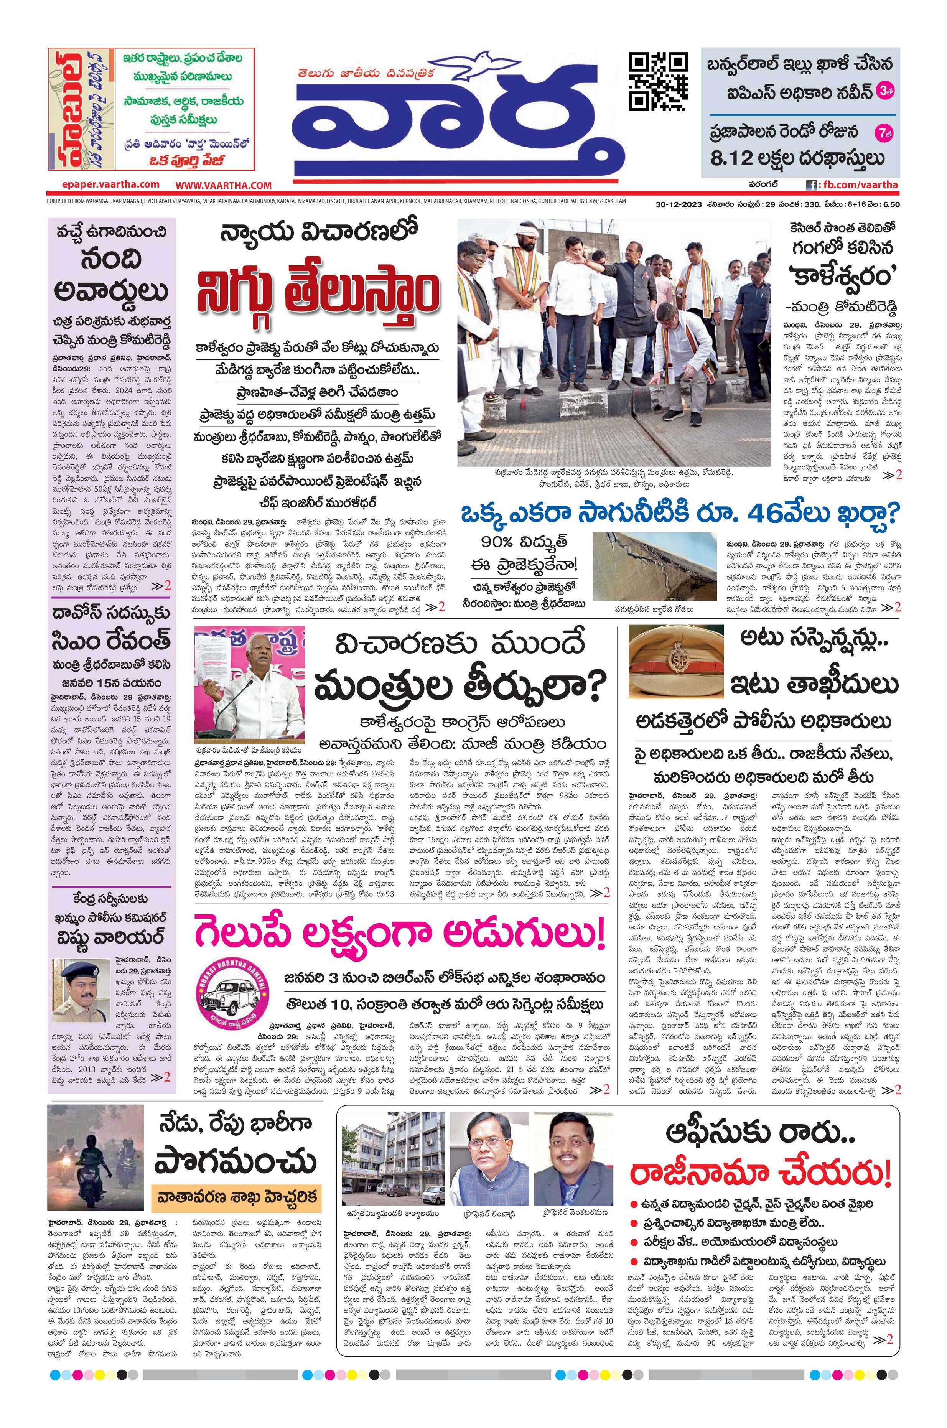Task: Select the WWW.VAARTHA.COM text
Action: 224,185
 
